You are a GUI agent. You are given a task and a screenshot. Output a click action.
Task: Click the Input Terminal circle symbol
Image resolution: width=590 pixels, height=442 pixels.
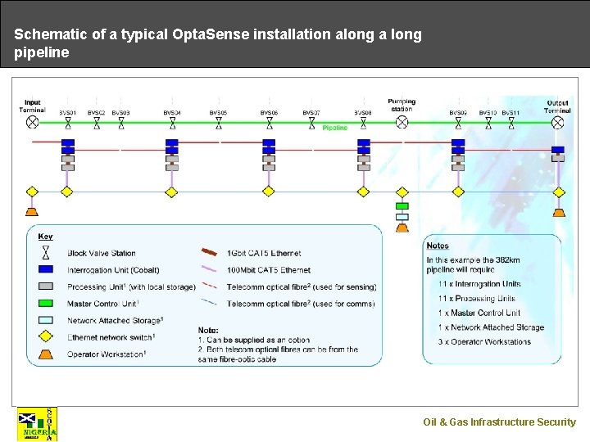click(32, 122)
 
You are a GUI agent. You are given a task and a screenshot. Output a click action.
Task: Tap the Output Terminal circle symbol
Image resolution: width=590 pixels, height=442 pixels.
click(558, 122)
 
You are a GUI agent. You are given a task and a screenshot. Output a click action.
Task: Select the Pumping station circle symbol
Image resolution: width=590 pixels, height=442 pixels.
click(402, 122)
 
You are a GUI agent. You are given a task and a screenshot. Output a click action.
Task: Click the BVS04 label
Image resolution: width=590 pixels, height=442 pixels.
click(172, 112)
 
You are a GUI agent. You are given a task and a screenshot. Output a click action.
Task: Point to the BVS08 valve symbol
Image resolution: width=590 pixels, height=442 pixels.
click(364, 123)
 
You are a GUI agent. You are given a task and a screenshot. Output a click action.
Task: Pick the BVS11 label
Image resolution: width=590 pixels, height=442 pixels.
click(511, 112)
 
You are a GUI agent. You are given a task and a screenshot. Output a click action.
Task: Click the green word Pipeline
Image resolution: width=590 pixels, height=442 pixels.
click(334, 128)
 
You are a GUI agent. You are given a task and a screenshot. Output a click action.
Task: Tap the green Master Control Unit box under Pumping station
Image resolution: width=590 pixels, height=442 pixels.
click(402, 206)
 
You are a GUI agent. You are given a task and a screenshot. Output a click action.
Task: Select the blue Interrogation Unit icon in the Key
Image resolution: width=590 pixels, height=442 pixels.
click(47, 269)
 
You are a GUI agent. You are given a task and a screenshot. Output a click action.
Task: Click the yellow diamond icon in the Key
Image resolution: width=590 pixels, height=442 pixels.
click(47, 336)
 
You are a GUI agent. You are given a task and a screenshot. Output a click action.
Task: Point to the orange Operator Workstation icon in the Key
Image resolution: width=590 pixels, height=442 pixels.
click(47, 354)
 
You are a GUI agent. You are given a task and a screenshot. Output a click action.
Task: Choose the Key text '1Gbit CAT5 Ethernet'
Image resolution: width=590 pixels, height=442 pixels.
click(264, 254)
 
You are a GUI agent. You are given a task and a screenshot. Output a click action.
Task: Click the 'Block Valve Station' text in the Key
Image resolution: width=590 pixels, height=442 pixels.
click(102, 253)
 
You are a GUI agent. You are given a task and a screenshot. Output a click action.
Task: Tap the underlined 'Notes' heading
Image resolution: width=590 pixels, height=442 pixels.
click(438, 246)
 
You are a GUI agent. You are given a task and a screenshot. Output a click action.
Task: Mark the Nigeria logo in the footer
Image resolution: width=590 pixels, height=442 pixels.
click(38, 424)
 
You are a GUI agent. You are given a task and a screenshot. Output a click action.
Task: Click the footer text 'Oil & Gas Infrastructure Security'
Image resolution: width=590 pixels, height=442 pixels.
click(499, 422)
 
